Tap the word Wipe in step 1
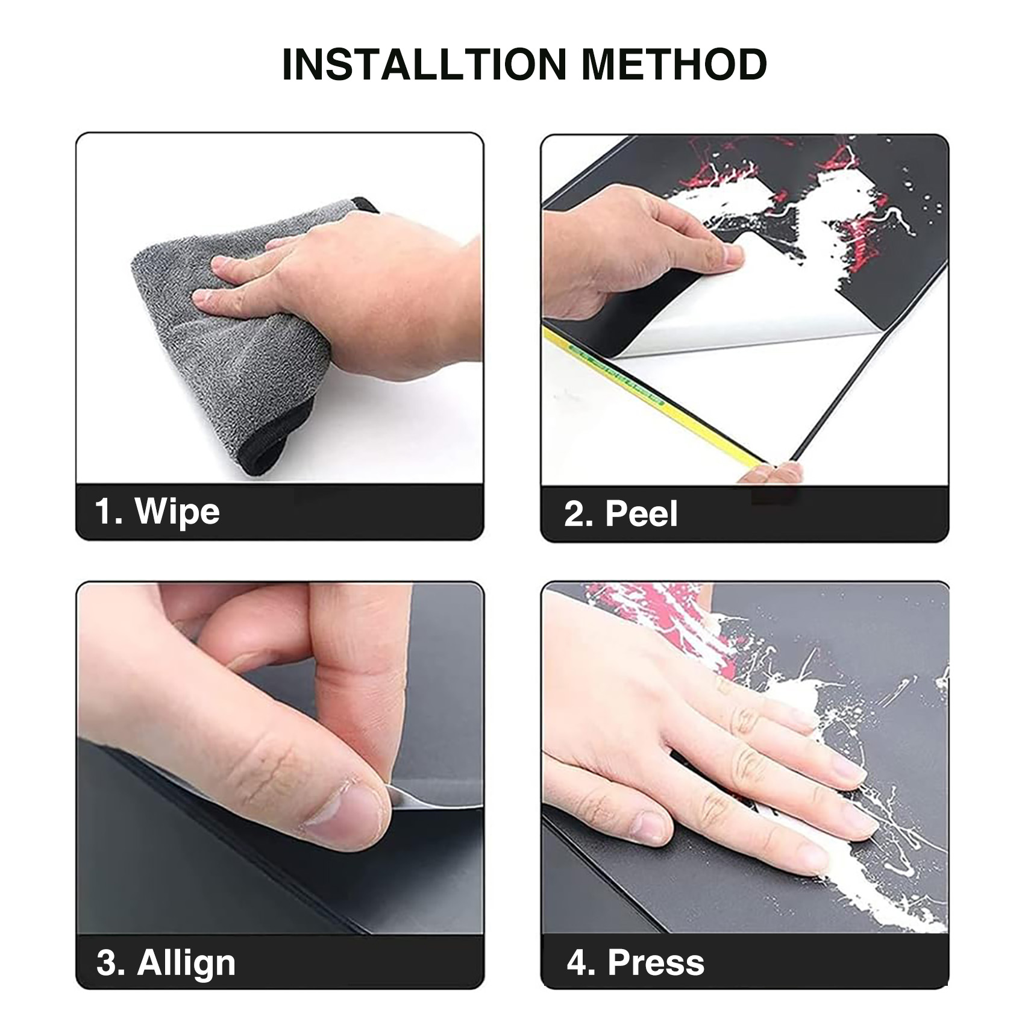point(177,512)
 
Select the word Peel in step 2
point(641,514)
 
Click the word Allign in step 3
point(186,962)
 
